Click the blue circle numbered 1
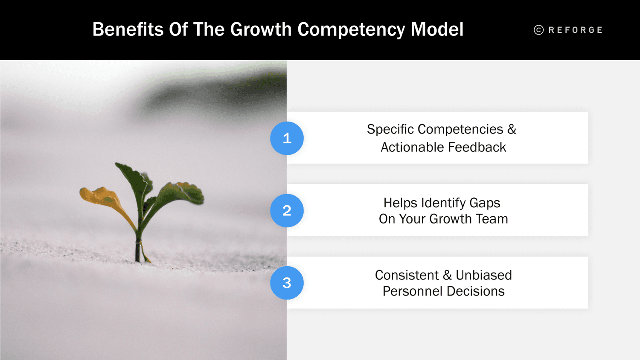[287, 138]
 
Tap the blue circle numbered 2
[287, 210]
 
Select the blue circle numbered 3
[287, 283]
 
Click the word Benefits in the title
[128, 30]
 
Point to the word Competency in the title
[351, 30]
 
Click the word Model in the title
[437, 30]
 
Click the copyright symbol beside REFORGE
[538, 30]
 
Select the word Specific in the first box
[390, 129]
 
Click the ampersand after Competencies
[512, 129]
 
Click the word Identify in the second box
[443, 203]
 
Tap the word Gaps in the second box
[485, 203]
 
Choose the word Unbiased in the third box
[483, 275]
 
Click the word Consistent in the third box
[407, 275]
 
